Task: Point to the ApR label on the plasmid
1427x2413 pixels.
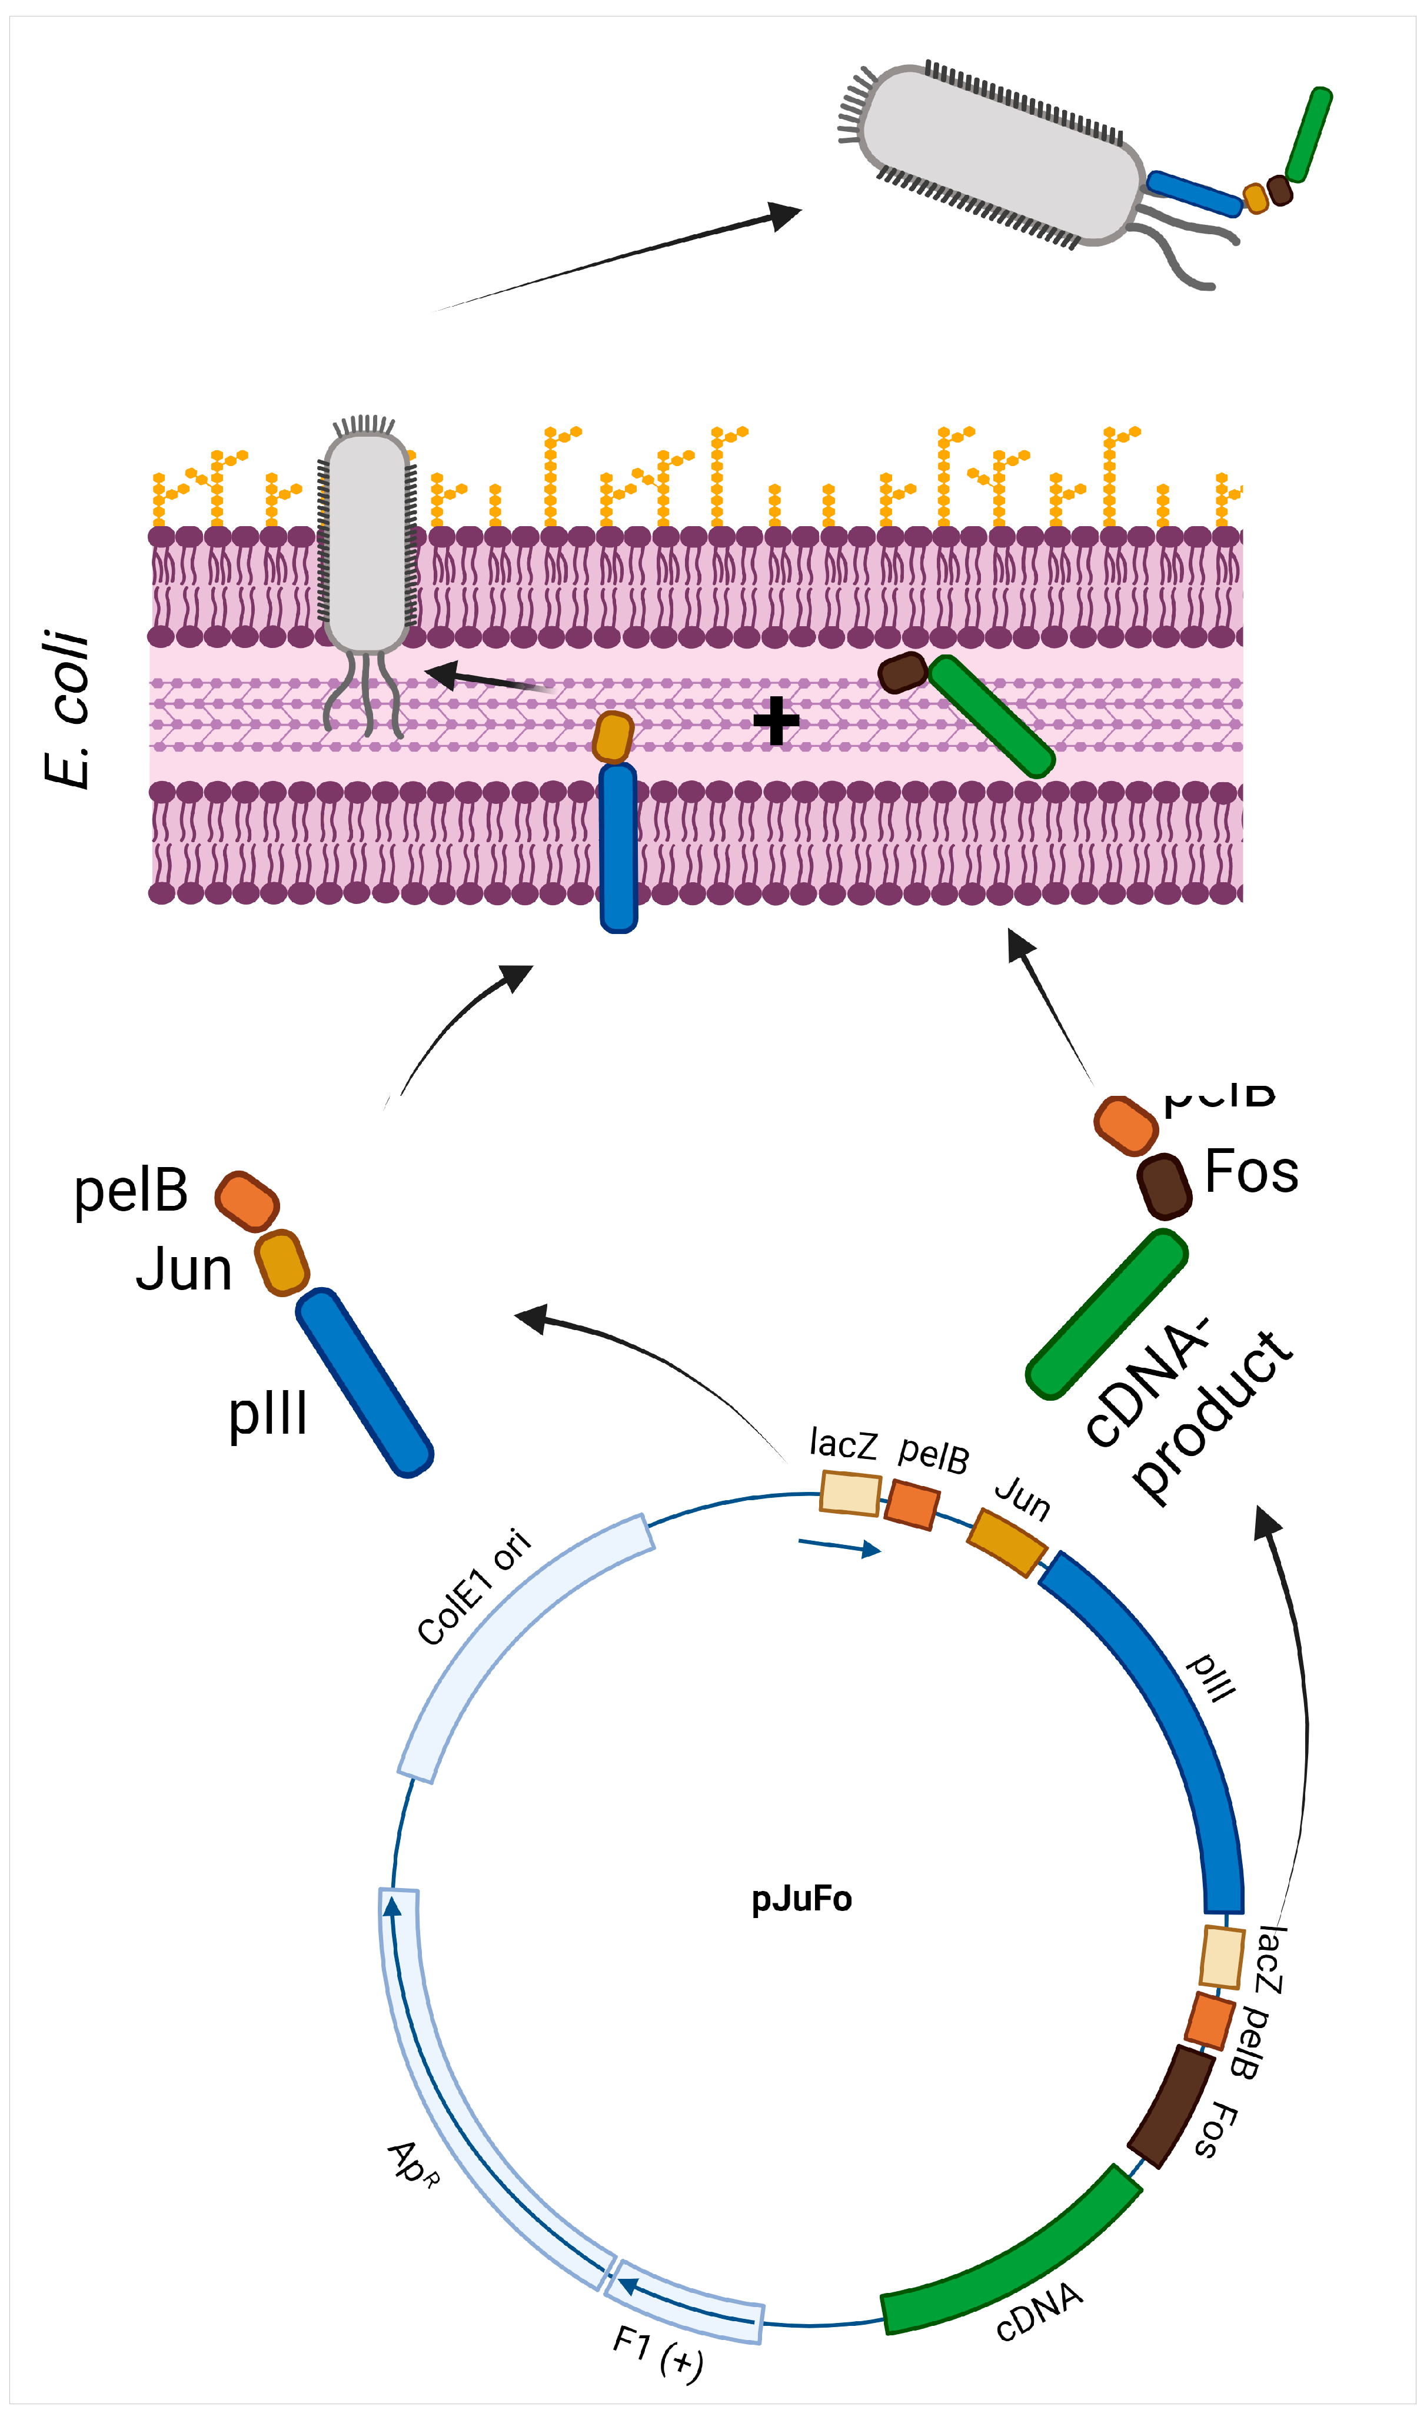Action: point(414,2164)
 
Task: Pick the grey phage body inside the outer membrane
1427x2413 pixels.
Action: point(367,543)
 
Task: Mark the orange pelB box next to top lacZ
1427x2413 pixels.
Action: point(912,1505)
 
